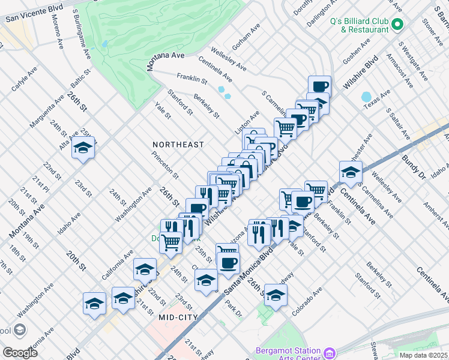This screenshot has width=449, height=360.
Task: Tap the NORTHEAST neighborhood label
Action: click(178, 145)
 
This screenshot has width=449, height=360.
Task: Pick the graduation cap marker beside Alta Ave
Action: click(83, 148)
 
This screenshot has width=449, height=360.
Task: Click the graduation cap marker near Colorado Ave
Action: click(276, 295)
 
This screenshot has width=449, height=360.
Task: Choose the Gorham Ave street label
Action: click(247, 37)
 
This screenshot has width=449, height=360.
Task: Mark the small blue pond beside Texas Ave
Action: click(366, 97)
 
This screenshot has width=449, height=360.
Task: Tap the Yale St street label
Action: click(163, 112)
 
